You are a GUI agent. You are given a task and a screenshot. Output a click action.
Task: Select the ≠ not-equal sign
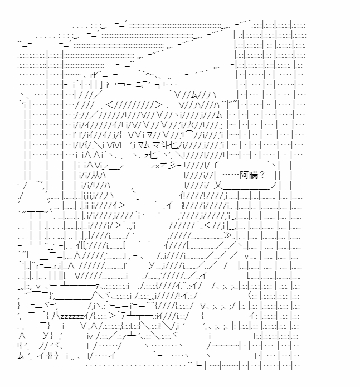[x=163, y=166]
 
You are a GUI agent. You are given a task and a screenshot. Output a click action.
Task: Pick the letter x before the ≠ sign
[x=156, y=166]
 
